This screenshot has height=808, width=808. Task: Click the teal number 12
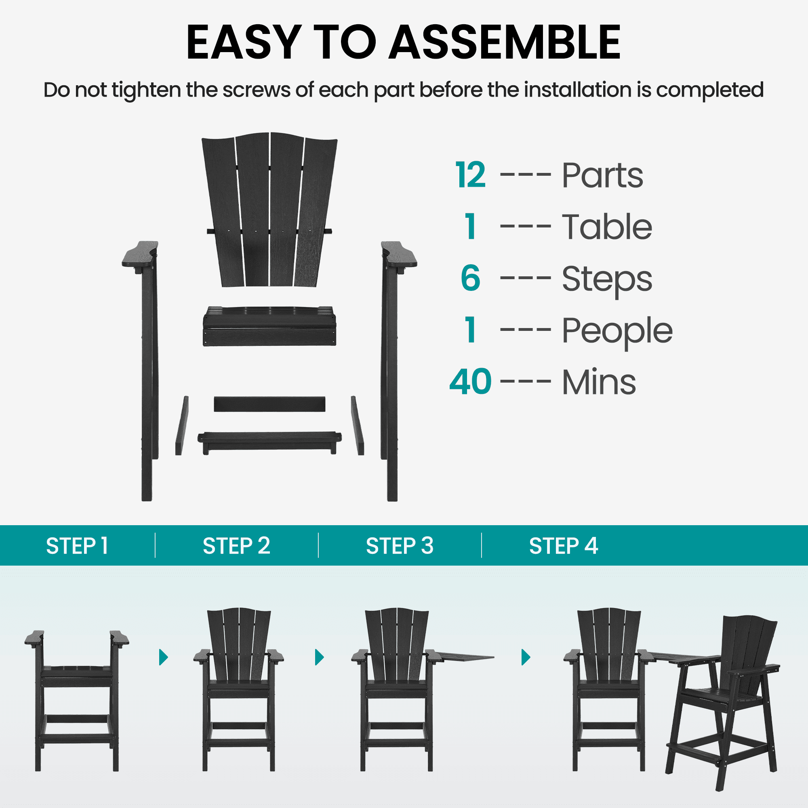[471, 175]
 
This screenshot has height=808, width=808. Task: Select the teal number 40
[471, 381]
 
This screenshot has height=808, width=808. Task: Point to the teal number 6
[471, 278]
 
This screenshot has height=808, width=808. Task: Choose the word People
[617, 332]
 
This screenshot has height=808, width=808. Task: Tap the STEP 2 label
[236, 546]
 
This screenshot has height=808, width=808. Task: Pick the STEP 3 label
[400, 546]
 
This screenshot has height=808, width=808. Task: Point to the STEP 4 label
[563, 546]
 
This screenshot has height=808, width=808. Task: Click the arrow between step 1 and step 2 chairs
[164, 657]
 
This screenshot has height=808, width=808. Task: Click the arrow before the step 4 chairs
[526, 657]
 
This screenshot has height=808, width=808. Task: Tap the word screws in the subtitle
[257, 90]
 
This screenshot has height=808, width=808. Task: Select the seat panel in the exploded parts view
[269, 326]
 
